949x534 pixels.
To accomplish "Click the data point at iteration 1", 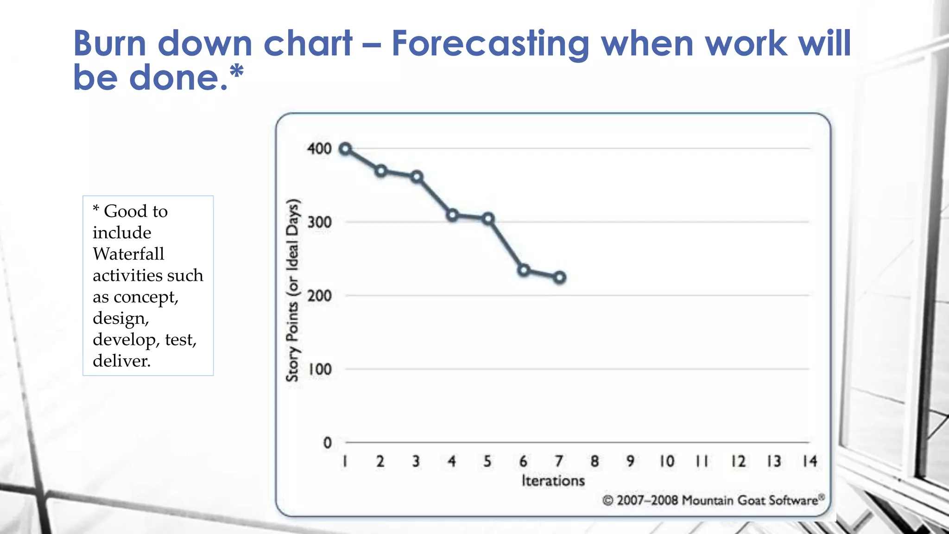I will (x=345, y=149).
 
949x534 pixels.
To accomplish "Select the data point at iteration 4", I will (x=453, y=215).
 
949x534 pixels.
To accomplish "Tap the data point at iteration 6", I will (x=524, y=270).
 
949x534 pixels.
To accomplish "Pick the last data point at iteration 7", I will (x=560, y=277).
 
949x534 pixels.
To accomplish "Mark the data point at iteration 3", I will (x=417, y=177).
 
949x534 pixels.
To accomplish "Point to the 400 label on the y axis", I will (x=319, y=149).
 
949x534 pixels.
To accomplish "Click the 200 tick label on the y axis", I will (x=319, y=296).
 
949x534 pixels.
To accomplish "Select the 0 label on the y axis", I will (x=327, y=443).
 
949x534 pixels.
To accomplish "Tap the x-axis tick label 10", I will (x=667, y=461).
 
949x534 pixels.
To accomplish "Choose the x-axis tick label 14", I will (x=810, y=461).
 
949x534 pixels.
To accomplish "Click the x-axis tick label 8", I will (x=595, y=461).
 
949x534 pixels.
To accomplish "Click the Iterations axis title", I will (x=553, y=481).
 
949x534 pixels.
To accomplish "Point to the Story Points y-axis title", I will (x=292, y=290).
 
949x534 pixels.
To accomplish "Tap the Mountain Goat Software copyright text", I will (x=713, y=501).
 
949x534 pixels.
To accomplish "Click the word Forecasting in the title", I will (x=490, y=44).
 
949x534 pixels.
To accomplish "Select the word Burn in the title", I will (x=110, y=43).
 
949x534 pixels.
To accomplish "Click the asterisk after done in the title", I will (x=236, y=72).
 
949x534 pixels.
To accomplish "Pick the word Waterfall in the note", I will (x=128, y=254).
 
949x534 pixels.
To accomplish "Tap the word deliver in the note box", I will (x=121, y=361).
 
